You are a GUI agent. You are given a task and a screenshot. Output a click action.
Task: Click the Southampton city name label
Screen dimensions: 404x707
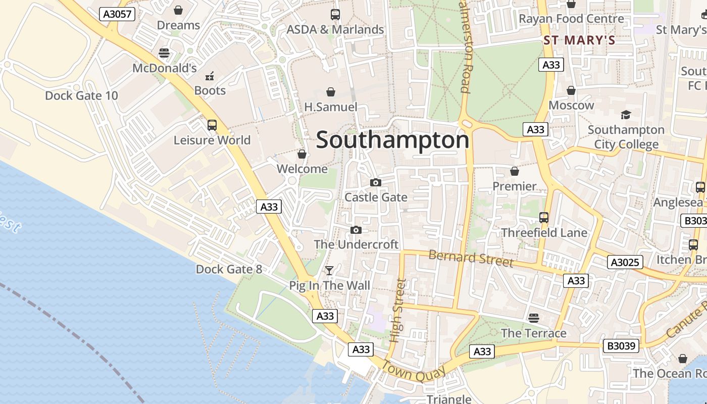click(x=392, y=140)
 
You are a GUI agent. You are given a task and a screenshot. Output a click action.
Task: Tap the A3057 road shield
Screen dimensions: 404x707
click(x=118, y=14)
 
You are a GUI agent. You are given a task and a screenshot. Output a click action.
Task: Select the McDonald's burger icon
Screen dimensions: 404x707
click(x=164, y=53)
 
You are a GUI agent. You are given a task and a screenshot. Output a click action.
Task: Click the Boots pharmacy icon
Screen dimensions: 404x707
click(x=210, y=76)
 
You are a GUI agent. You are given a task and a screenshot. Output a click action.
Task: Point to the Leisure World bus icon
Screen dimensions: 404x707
click(x=212, y=125)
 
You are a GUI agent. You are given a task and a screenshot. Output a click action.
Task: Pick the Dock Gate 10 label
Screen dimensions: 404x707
click(x=81, y=95)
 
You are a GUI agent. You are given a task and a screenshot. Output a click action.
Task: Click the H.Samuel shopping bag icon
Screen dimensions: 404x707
click(x=331, y=91)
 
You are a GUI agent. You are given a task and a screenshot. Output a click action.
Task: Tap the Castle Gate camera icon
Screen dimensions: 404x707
click(x=376, y=182)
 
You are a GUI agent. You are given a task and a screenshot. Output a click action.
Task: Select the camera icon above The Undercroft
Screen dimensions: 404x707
click(x=356, y=230)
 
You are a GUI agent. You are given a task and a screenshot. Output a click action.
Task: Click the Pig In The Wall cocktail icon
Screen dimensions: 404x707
click(x=329, y=271)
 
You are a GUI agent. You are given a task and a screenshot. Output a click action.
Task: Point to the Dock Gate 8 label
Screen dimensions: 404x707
click(x=229, y=269)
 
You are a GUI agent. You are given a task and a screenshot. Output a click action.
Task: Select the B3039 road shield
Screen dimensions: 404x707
click(x=621, y=346)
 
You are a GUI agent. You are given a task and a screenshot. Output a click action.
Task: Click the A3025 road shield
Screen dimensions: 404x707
click(x=625, y=262)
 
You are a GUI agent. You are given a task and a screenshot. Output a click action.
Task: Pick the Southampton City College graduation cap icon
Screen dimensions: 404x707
click(x=626, y=115)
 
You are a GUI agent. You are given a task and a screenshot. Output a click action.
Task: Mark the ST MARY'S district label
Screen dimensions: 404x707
click(x=579, y=40)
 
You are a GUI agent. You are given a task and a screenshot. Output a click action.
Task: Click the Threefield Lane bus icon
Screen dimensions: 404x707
click(x=544, y=218)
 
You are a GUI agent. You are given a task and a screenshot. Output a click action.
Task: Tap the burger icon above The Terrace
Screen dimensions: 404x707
click(x=534, y=318)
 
